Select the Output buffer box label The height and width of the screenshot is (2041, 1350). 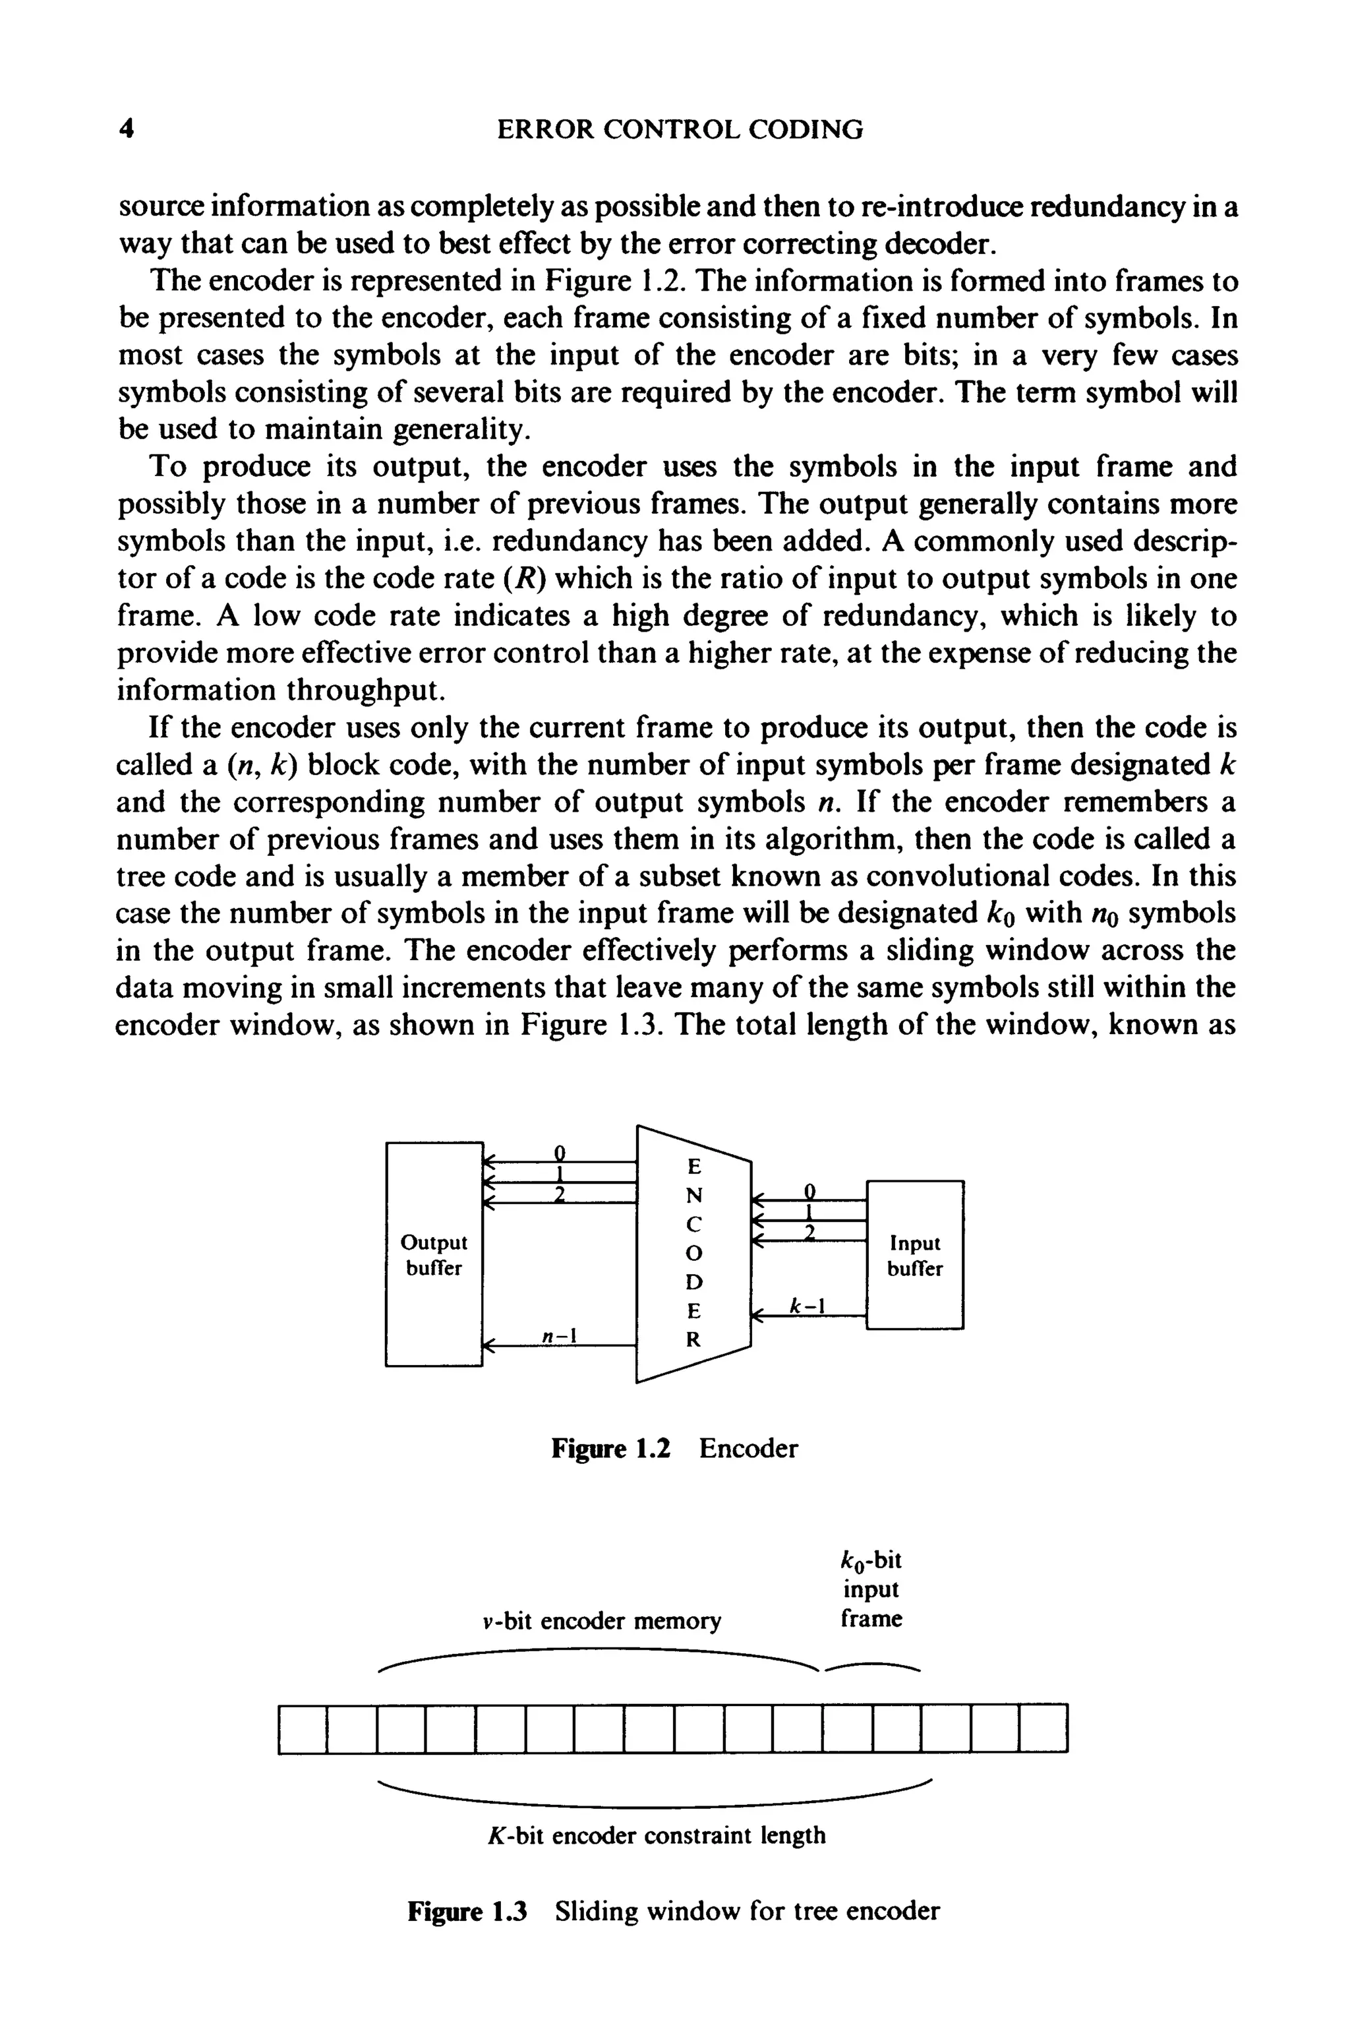coord(433,1255)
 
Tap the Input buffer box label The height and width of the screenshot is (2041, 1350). coord(914,1256)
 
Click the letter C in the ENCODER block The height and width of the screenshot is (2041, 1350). coord(694,1224)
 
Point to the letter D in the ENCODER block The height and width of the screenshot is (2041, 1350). coord(694,1281)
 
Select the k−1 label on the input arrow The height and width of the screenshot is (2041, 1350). coord(807,1306)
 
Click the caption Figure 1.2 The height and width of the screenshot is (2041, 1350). coord(610,1449)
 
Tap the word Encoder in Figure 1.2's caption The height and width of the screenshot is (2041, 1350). coord(748,1449)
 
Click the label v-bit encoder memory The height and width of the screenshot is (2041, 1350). coord(602,1622)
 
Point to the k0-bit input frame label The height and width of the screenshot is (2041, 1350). coord(871,1590)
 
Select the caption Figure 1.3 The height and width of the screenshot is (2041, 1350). coord(467,1912)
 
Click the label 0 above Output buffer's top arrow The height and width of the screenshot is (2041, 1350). coord(560,1152)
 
